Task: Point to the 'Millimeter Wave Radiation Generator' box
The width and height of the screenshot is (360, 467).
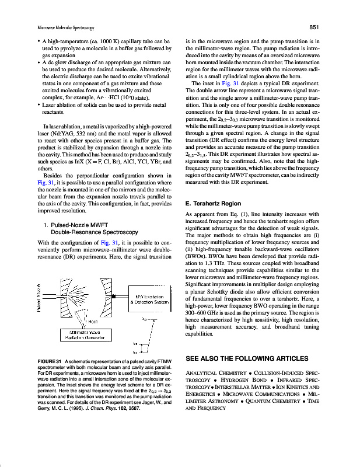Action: pyautogui.click(x=89, y=334)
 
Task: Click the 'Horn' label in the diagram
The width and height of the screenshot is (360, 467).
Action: pyautogui.click(x=92, y=320)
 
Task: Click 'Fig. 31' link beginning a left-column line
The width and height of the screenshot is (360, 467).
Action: pyautogui.click(x=36, y=183)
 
